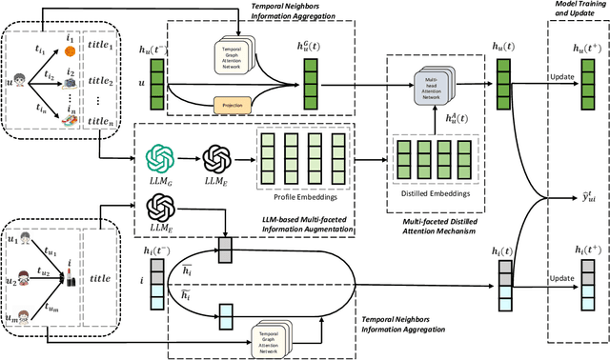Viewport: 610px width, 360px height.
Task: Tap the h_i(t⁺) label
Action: (x=577, y=249)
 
